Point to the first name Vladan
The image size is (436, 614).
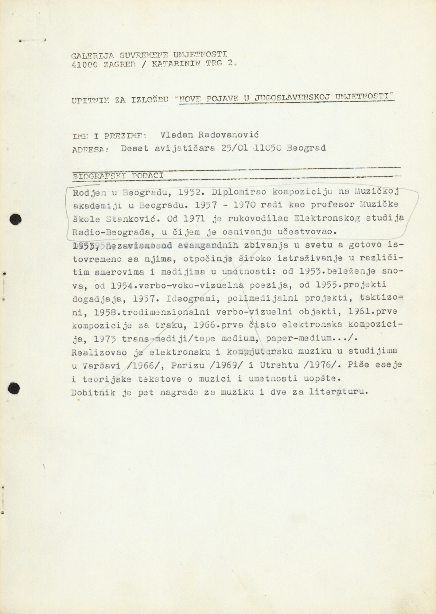click(x=177, y=135)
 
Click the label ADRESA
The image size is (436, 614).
click(x=91, y=150)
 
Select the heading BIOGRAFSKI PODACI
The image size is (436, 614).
click(x=118, y=176)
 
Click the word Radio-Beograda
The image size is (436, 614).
click(x=112, y=232)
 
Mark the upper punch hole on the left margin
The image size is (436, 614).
click(x=15, y=219)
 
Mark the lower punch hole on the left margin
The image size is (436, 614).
click(x=14, y=388)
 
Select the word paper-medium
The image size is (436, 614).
click(x=300, y=338)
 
